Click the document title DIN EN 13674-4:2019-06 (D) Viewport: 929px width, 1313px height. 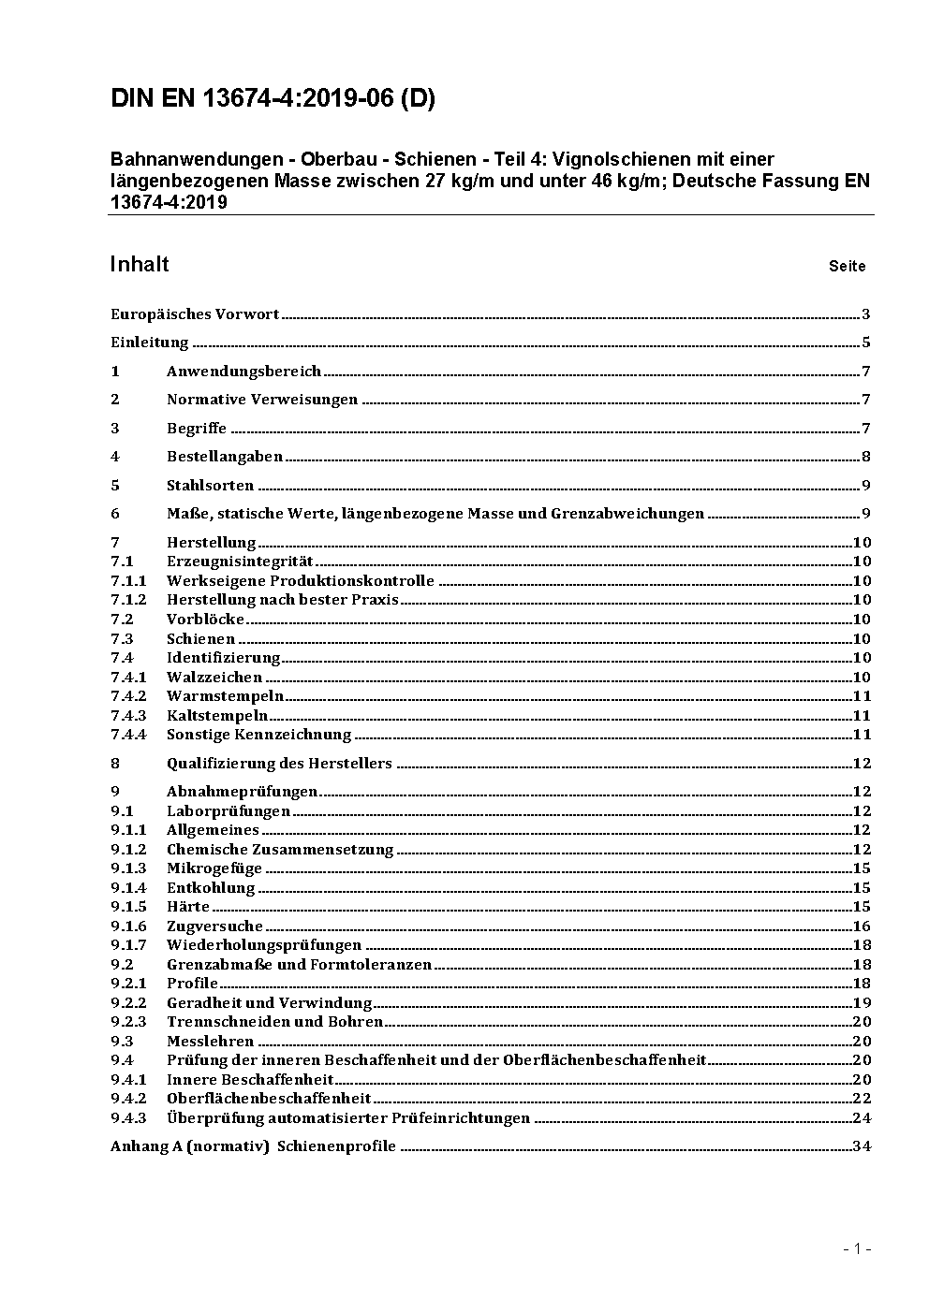click(273, 98)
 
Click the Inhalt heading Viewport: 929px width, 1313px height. click(140, 264)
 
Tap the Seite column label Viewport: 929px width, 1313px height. click(847, 267)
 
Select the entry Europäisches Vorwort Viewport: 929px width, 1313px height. click(195, 314)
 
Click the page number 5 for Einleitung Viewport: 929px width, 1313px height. click(866, 343)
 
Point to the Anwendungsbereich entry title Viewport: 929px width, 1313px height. click(243, 372)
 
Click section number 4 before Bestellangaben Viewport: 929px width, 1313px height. click(115, 457)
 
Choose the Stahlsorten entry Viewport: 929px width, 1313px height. click(210, 486)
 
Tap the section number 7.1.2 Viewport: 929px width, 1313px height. click(128, 600)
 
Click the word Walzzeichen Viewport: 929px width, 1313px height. click(214, 677)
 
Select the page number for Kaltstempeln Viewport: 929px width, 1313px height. click(862, 715)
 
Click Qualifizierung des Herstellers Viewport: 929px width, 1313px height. click(279, 764)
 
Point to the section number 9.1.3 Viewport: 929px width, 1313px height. click(128, 868)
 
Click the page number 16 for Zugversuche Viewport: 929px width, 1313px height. click(862, 926)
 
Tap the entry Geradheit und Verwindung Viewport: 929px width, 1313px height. click(270, 1002)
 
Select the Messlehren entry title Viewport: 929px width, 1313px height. click(210, 1041)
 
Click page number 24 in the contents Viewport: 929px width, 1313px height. click(862, 1117)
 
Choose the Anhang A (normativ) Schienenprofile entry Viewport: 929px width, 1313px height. click(253, 1146)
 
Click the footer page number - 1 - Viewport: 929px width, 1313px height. click(857, 1248)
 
